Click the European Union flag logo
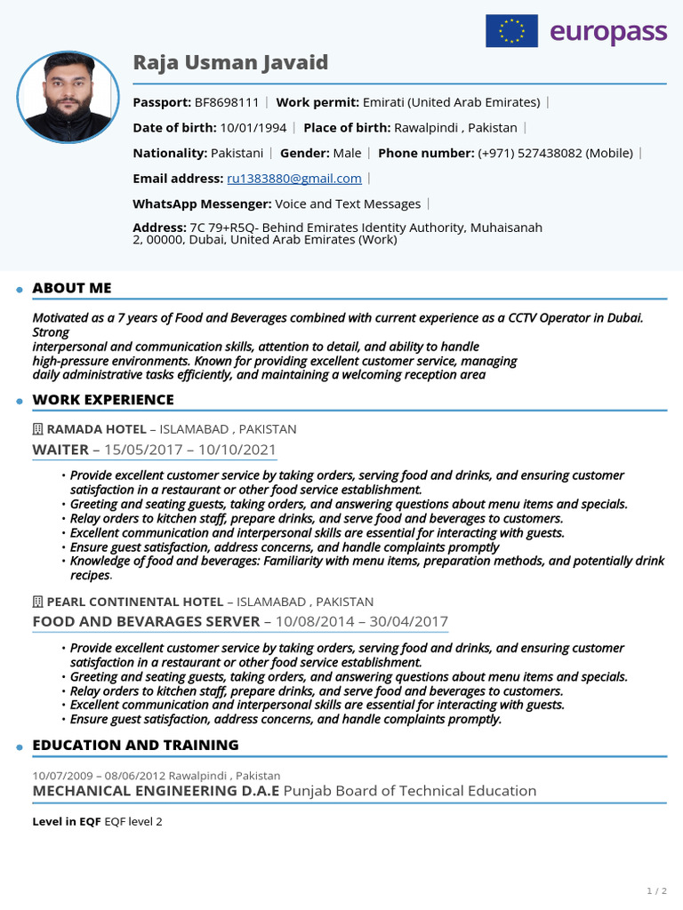[x=511, y=31]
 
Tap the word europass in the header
[x=607, y=32]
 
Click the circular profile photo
[x=68, y=98]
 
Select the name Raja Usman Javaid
[x=230, y=62]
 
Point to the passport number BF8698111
[x=227, y=102]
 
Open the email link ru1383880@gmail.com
[x=294, y=178]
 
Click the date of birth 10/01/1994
[x=253, y=127]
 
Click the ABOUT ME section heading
[x=72, y=288]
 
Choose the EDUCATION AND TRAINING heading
[x=135, y=745]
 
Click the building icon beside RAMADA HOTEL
[x=37, y=429]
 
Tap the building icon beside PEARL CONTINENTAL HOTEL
[x=37, y=602]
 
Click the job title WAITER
[x=60, y=450]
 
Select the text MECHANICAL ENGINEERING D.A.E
[x=156, y=790]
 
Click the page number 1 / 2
[x=656, y=890]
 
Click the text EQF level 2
[x=133, y=822]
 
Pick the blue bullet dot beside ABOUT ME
[x=19, y=290]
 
